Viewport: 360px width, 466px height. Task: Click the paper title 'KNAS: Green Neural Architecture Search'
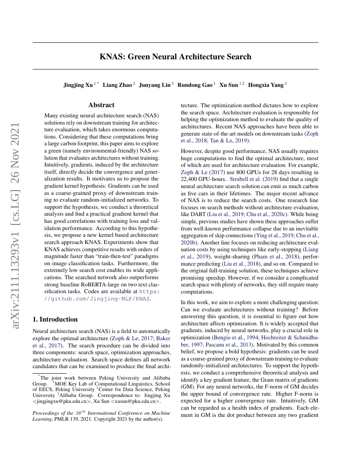[x=175, y=57]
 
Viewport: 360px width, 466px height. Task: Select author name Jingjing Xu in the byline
[x=78, y=85]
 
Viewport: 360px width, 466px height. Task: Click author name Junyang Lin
[x=157, y=85]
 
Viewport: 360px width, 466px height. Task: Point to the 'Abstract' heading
[x=101, y=105]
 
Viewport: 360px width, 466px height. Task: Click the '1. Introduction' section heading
[x=55, y=319]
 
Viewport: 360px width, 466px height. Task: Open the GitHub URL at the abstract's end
[x=97, y=295]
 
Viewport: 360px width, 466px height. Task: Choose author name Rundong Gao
[x=195, y=85]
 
